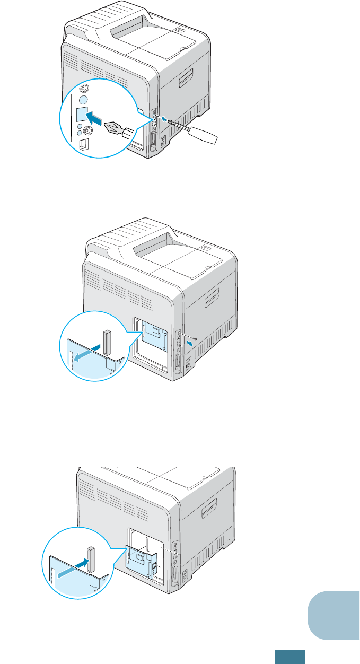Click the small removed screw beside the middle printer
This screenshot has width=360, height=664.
pos(196,338)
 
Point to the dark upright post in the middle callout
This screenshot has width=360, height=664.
pos(107,342)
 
